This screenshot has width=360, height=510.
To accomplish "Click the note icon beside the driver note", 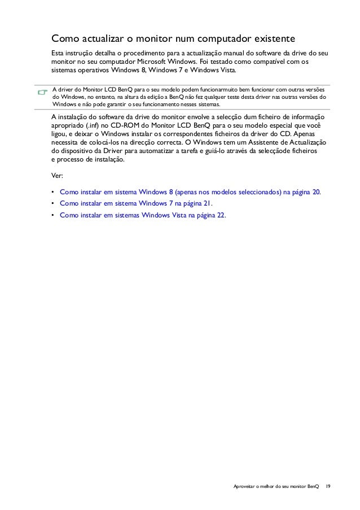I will point(41,92).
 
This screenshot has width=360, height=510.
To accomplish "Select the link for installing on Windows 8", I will point(190,192).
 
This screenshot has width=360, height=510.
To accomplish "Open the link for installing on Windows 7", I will point(136,203).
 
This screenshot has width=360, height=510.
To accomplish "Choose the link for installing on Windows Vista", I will point(142,215).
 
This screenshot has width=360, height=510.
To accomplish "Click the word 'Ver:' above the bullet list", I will point(57,176).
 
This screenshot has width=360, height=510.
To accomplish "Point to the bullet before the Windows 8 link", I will point(52,193).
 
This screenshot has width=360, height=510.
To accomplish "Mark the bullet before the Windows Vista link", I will point(52,215).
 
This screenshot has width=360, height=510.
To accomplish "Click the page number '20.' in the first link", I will point(317,192).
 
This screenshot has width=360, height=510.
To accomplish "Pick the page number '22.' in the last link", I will point(221,215).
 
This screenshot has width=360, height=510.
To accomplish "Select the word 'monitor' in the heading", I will point(154,40).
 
